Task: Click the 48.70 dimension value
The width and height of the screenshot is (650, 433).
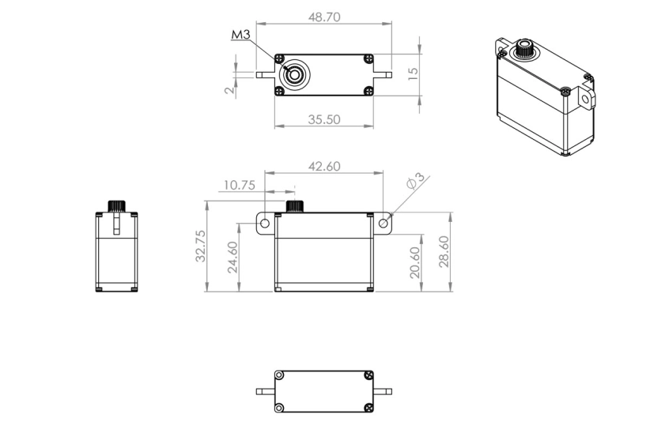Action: (323, 17)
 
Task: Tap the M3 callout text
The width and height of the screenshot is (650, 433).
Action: (240, 36)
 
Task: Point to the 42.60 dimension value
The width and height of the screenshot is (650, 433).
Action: (323, 166)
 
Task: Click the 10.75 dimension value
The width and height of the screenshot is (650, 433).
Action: (239, 186)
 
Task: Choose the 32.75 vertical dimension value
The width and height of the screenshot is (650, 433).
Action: (201, 246)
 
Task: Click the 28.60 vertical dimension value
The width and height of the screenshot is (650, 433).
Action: (444, 251)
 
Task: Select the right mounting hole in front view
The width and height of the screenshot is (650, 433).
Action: (384, 224)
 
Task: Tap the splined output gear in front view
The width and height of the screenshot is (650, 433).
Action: (295, 207)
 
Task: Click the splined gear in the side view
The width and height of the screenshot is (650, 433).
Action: (116, 205)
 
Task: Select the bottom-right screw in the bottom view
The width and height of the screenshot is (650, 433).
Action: (368, 408)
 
